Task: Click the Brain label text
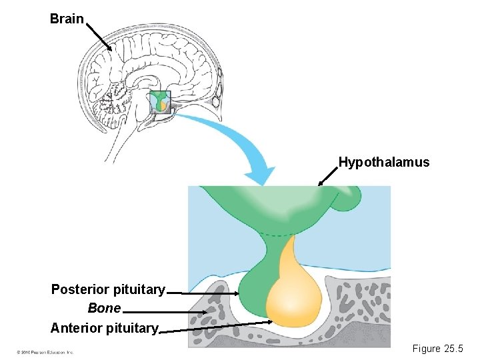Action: pyautogui.click(x=67, y=19)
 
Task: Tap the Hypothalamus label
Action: pyautogui.click(x=383, y=162)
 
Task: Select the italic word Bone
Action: pyautogui.click(x=105, y=309)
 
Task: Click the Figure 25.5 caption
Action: pyautogui.click(x=437, y=349)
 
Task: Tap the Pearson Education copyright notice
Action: pyautogui.click(x=45, y=351)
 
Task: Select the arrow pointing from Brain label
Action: pyautogui.click(x=99, y=36)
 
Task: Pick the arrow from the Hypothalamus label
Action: pyautogui.click(x=327, y=176)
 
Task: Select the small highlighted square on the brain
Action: pyautogui.click(x=160, y=101)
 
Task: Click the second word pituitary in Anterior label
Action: pyautogui.click(x=135, y=328)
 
